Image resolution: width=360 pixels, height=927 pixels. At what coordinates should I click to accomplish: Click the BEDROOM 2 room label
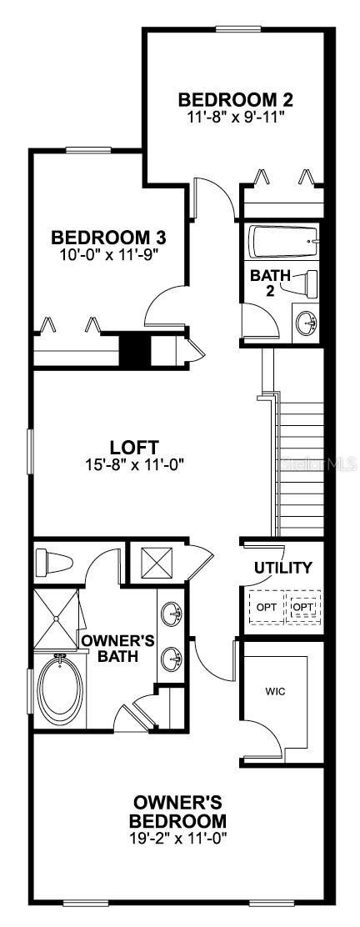coord(235,98)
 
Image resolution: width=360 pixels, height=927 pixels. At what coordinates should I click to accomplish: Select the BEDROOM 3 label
coord(108,238)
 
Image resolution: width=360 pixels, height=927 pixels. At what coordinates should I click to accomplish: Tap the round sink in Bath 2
coord(306,323)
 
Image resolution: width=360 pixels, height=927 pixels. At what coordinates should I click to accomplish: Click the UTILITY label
coord(282,569)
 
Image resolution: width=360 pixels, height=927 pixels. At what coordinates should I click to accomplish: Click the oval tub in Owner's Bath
coord(60,689)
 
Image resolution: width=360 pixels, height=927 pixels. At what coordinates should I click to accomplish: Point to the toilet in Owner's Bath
coord(53,562)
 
